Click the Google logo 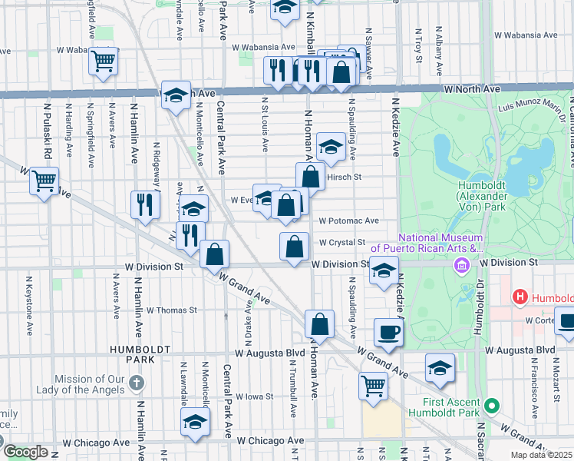(x=26, y=452)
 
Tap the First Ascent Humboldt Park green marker (x=492, y=405)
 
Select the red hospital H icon (x=520, y=297)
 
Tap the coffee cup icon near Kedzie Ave (x=388, y=333)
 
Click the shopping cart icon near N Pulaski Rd (x=44, y=181)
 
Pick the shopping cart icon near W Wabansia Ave (x=103, y=61)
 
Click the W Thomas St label (x=172, y=310)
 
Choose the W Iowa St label (x=255, y=397)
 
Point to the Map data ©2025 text (x=539, y=455)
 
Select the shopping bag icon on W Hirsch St (x=311, y=176)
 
